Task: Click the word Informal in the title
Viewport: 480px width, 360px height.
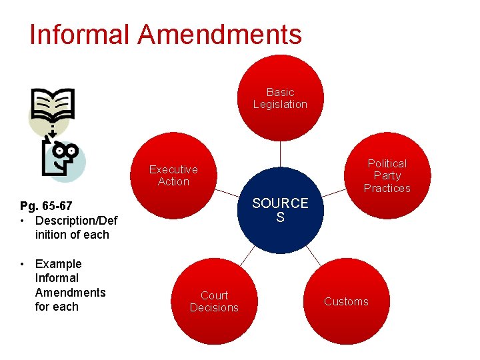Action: [81, 35]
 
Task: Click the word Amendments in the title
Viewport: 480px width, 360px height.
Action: [221, 35]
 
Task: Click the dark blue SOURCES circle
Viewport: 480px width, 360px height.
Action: [280, 210]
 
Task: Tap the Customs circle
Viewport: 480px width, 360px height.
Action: [346, 302]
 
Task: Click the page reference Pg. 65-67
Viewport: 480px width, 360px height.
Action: [47, 206]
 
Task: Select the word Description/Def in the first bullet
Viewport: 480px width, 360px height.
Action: [76, 221]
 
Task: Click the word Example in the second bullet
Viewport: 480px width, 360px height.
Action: [58, 264]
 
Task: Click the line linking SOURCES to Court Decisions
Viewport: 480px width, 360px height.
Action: [247, 255]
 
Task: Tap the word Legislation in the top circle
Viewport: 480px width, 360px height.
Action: [280, 105]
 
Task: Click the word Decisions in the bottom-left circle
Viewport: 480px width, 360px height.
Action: [214, 307]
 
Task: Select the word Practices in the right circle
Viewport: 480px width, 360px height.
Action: [387, 188]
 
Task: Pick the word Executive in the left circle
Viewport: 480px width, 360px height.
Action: [173, 170]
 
